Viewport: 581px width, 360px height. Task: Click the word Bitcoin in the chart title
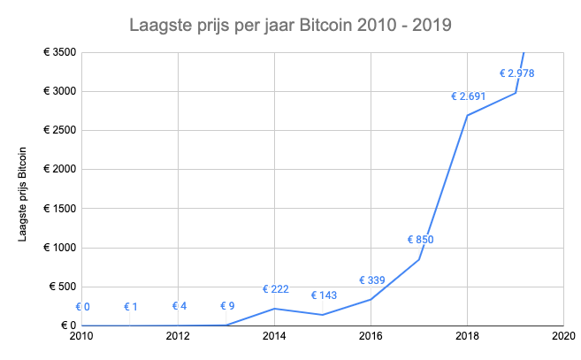tap(325, 26)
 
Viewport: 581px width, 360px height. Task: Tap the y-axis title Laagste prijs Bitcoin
tap(22, 195)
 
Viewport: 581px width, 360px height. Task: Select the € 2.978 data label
tap(517, 73)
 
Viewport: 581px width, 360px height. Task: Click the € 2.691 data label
tap(469, 96)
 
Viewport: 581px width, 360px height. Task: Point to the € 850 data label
tap(421, 240)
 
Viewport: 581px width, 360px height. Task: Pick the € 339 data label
tap(372, 280)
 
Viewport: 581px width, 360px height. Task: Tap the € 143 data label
tap(324, 295)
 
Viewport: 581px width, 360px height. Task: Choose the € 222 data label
tap(276, 289)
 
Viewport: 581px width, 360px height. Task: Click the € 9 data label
tap(227, 306)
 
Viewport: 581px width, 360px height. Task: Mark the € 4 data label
tap(180, 306)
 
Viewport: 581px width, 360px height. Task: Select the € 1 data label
tap(131, 307)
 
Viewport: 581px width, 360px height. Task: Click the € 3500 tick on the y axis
tap(59, 52)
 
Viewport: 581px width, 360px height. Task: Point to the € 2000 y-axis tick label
tap(59, 170)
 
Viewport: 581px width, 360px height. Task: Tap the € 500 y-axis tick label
tap(63, 287)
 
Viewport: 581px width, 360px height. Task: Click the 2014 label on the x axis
tap(274, 336)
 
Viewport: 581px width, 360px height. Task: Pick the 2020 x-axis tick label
tap(563, 336)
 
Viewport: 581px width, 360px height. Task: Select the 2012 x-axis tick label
tap(178, 336)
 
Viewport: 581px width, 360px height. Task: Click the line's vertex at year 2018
tap(467, 115)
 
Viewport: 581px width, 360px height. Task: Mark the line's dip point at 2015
tap(323, 315)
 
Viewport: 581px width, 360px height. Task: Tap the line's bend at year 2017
tap(419, 259)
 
